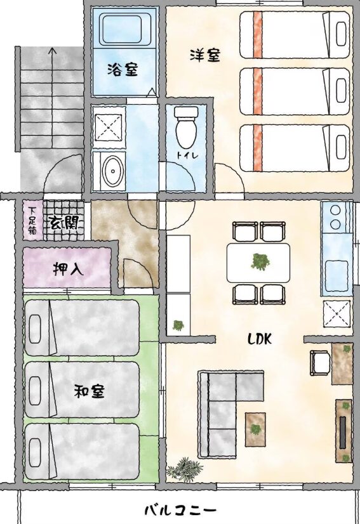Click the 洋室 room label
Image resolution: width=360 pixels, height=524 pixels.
[x=205, y=55]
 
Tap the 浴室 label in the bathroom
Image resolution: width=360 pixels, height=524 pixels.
[x=123, y=70]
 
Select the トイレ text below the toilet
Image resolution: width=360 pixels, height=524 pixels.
[x=187, y=155]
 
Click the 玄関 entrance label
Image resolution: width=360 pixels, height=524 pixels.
[x=64, y=222]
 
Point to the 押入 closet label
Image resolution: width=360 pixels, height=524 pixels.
[x=68, y=269]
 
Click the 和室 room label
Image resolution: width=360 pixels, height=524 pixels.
[x=90, y=391]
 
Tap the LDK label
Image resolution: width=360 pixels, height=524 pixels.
[x=259, y=339]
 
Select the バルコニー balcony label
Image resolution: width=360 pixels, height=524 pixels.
[x=180, y=510]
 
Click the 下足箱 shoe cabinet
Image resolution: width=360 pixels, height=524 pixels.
[x=32, y=220]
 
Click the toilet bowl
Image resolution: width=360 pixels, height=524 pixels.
[x=187, y=128]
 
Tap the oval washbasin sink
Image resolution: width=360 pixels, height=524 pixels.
[x=113, y=171]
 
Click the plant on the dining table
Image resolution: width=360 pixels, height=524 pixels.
[x=260, y=261]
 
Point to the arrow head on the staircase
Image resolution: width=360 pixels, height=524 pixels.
[x=52, y=51]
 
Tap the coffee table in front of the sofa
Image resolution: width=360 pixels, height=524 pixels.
[x=255, y=429]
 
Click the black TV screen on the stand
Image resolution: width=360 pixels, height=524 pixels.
[x=343, y=432]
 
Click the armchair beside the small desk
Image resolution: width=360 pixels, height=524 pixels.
[x=321, y=363]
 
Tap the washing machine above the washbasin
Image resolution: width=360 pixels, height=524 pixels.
[x=109, y=128]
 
